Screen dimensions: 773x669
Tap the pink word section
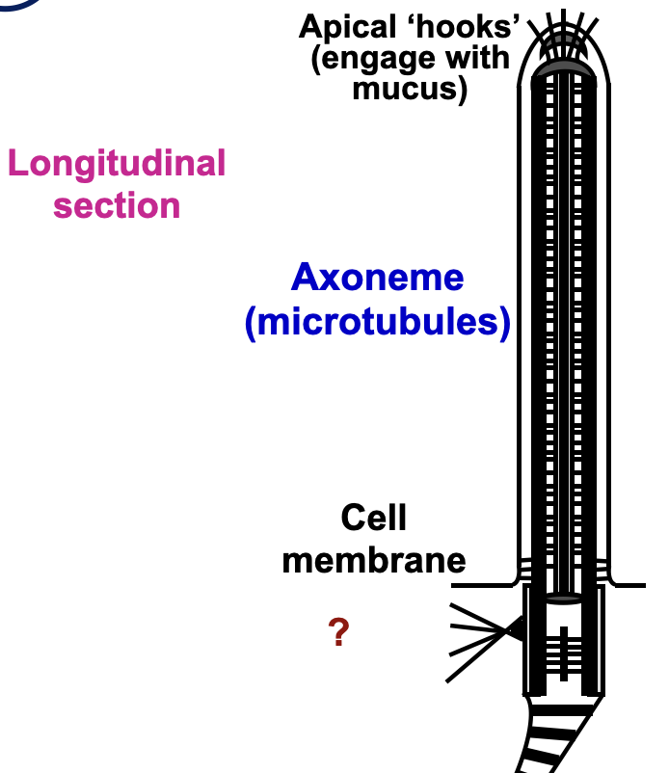coord(117,205)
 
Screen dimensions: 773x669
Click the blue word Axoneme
coord(377,278)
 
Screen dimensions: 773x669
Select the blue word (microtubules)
coord(377,323)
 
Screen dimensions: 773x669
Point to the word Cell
coord(373,519)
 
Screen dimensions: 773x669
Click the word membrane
coord(373,559)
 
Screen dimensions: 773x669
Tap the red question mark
coord(337,633)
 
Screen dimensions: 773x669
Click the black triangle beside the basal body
coord(516,629)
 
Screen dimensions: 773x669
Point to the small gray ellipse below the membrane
coord(563,599)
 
